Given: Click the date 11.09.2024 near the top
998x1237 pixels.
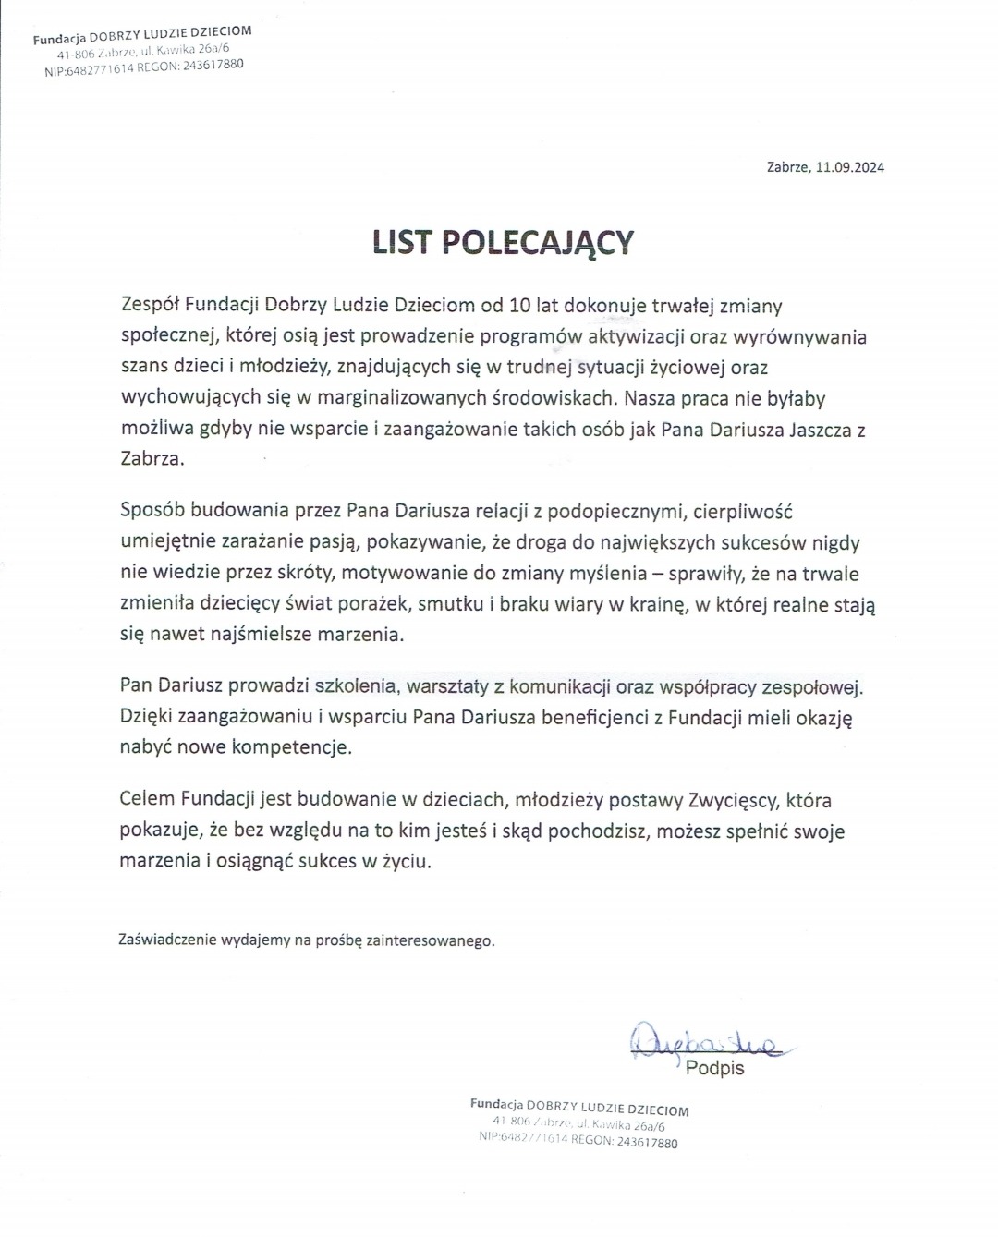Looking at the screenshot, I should tap(850, 167).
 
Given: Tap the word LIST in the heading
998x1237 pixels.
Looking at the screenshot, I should tap(402, 242).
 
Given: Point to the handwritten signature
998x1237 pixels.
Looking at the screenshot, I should tap(704, 1042).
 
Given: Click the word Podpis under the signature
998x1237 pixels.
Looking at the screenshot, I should tap(715, 1069).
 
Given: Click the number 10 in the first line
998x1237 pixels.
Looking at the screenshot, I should tap(524, 305).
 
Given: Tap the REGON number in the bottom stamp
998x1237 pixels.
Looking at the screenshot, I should tap(646, 1142).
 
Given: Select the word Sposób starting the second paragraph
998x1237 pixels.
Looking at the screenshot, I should tap(152, 512).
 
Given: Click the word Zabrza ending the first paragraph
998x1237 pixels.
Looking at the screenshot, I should tap(152, 459).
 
